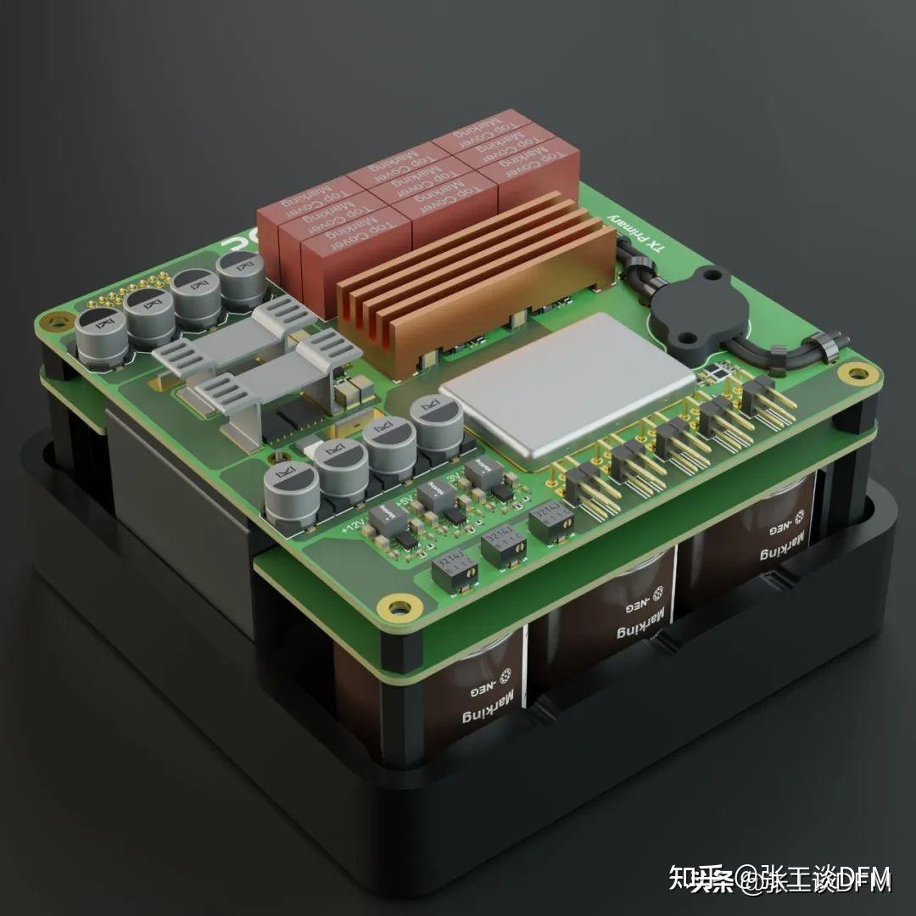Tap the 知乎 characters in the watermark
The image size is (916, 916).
pos(688,879)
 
